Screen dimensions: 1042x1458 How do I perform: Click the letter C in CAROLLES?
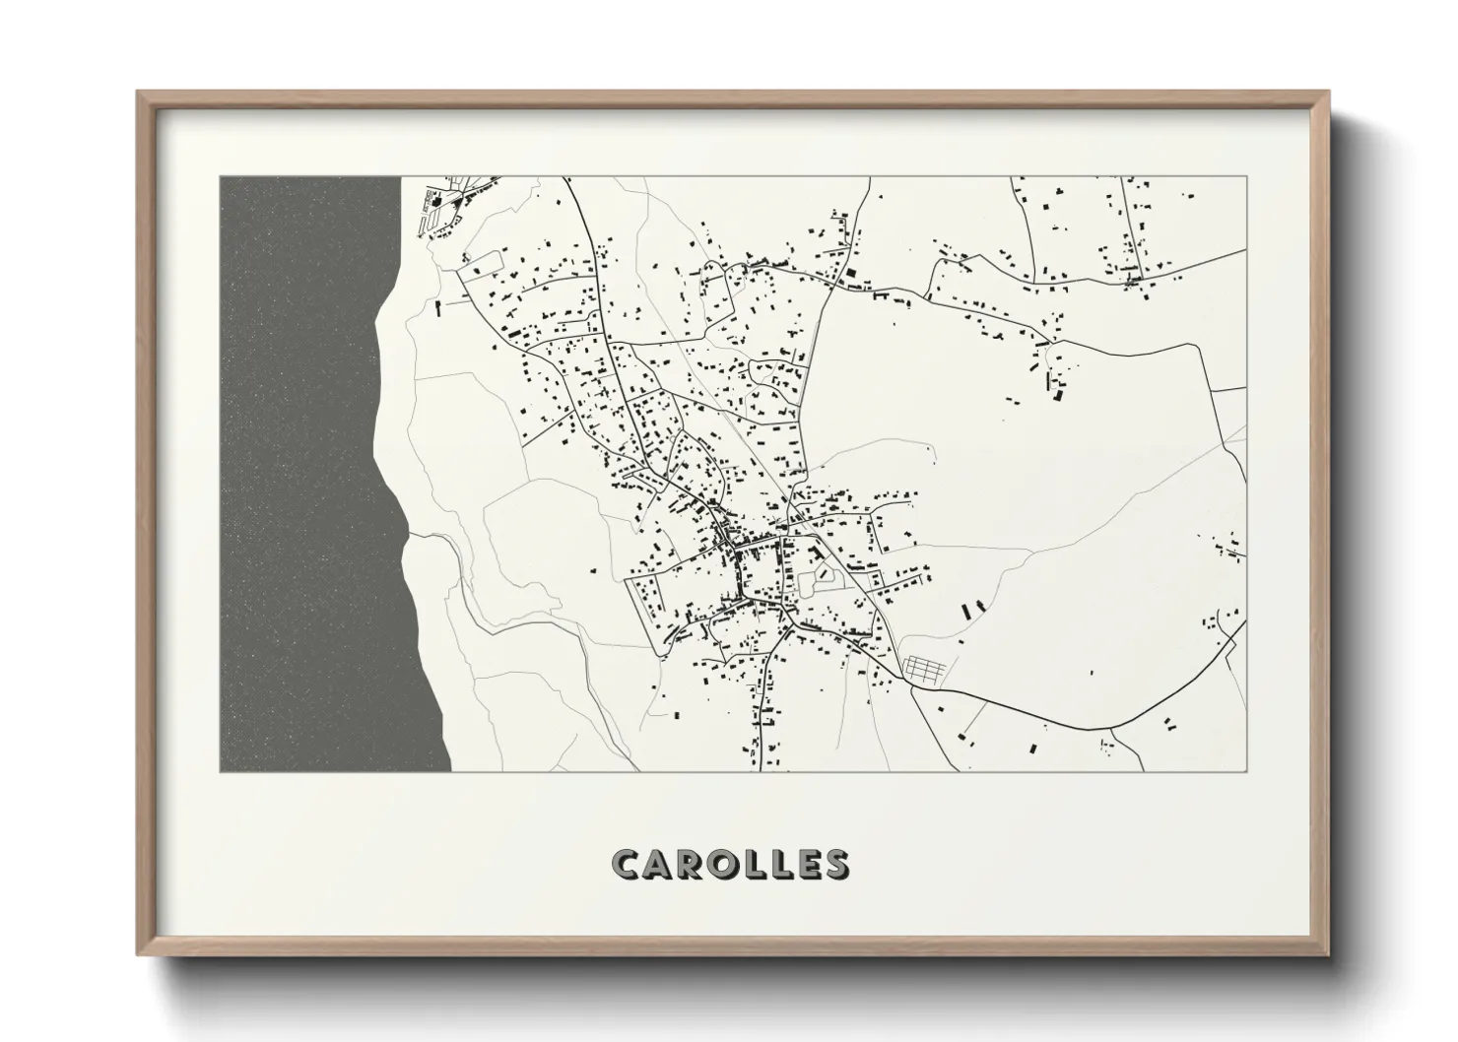pyautogui.click(x=628, y=864)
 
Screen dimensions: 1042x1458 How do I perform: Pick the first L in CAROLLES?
pyautogui.click(x=760, y=864)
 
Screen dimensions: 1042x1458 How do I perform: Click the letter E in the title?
pyautogui.click(x=810, y=864)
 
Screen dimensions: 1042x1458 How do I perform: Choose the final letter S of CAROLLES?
pyautogui.click(x=836, y=864)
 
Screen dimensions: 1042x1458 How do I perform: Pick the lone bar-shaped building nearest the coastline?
pyautogui.click(x=437, y=307)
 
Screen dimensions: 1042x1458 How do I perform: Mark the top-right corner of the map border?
pyautogui.click(x=1246, y=177)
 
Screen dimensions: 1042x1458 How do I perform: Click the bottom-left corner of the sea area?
pyautogui.click(x=221, y=771)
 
